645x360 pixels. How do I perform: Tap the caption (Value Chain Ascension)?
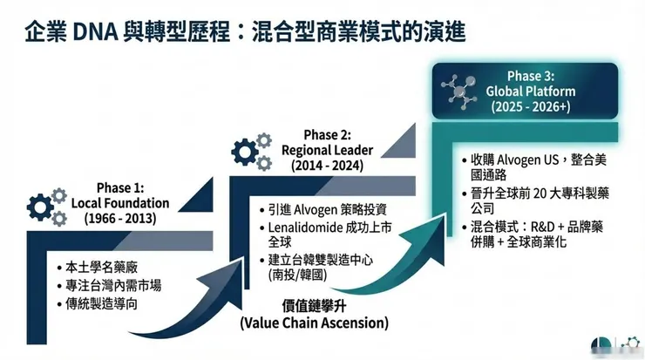tap(315, 323)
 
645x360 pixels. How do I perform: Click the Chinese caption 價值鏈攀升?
tap(315, 307)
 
